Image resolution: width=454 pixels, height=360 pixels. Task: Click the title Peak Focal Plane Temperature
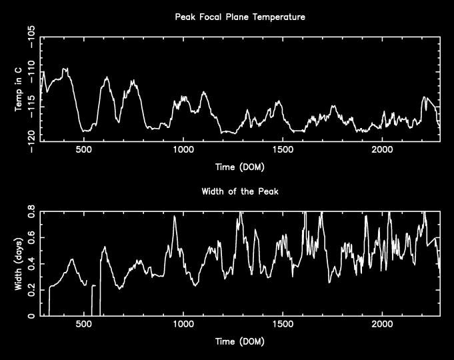tap(240, 17)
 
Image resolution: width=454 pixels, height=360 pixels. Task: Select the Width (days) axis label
tap(19, 263)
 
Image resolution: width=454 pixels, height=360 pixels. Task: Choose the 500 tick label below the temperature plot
tap(83, 151)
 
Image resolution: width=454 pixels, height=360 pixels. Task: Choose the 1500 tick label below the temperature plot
tap(283, 151)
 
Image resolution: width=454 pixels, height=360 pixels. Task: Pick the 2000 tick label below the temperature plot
tap(382, 151)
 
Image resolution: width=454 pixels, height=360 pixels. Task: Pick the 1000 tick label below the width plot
tap(183, 325)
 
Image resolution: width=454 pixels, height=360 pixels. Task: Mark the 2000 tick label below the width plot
tap(382, 325)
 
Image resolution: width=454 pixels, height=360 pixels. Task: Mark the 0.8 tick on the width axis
tap(31, 212)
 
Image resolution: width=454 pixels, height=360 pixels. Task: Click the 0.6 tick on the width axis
tap(31, 238)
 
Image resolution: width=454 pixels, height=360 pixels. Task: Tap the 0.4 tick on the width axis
tap(31, 264)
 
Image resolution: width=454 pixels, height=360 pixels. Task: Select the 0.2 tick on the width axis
tap(31, 290)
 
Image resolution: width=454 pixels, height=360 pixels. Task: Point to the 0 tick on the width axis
tap(31, 316)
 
